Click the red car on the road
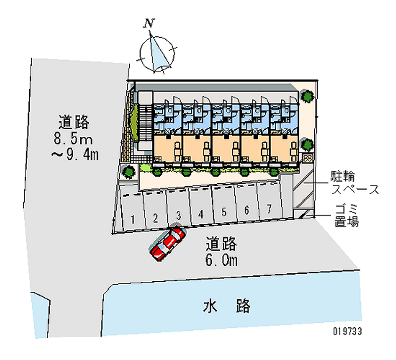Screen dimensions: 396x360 coord(167,243)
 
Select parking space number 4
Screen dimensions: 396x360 coord(201,206)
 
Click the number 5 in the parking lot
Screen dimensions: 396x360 coord(224,212)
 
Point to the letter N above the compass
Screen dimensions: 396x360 coord(149,23)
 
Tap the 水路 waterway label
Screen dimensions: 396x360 coord(227,306)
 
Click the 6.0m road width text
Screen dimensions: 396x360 coord(221,260)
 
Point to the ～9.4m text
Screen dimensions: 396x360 coord(75,154)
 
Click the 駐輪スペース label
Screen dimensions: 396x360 coord(355,183)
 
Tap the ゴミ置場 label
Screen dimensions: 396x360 coord(346,216)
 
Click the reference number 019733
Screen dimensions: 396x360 coord(347,331)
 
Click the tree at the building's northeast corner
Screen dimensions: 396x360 coord(307,96)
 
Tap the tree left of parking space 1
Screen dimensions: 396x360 coord(129,171)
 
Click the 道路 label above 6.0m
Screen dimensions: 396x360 coord(221,243)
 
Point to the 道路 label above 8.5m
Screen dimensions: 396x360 coord(73,122)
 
